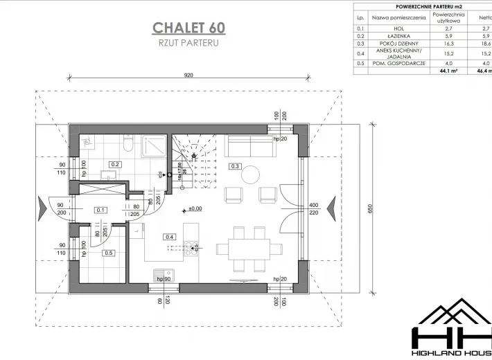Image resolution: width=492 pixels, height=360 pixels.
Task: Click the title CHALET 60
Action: click(x=188, y=28)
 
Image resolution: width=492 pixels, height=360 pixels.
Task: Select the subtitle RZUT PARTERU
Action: click(x=188, y=42)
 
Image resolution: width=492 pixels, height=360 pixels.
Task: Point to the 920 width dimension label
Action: click(x=188, y=75)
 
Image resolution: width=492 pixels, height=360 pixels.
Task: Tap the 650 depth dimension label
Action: click(x=380, y=209)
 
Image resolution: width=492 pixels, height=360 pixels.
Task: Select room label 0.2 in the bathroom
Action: click(x=116, y=164)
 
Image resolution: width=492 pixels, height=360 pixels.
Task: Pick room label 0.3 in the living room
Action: click(x=235, y=166)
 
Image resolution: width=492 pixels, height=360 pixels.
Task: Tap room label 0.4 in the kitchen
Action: click(x=168, y=236)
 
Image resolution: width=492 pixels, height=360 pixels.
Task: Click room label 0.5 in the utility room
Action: click(x=108, y=253)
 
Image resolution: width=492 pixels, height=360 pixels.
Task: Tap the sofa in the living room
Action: click(x=249, y=145)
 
